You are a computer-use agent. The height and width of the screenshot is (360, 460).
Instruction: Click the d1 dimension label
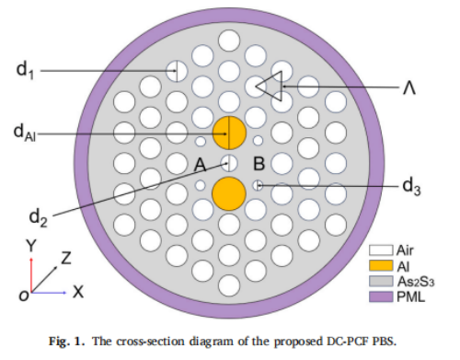coord(25,70)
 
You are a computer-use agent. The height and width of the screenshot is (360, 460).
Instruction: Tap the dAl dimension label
coord(25,133)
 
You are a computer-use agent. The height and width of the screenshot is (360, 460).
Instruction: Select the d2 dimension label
coord(39,218)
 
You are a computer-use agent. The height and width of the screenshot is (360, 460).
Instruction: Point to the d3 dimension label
coord(411,186)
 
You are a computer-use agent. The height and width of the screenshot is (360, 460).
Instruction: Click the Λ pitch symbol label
coord(409,88)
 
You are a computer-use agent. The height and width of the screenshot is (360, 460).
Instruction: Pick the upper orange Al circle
coord(229,133)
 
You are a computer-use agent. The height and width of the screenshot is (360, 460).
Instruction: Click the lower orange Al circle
coord(229,193)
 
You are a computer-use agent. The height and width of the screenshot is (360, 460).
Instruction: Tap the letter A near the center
coord(201,165)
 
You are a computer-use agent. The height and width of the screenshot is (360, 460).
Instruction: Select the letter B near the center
coord(259,164)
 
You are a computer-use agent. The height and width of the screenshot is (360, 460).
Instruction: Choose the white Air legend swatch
coord(381,250)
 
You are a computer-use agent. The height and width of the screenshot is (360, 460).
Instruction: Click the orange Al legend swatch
coord(381,266)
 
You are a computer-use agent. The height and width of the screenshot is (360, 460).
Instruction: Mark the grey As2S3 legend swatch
coord(381,281)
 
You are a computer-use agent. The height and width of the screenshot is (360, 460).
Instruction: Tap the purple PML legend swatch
coord(381,296)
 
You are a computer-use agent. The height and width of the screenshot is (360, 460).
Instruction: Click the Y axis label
coord(31,246)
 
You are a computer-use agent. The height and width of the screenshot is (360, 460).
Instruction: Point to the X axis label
coord(78,292)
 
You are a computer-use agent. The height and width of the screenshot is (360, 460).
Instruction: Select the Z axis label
coord(66,258)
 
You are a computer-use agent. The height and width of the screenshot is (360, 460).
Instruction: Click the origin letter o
coord(24,296)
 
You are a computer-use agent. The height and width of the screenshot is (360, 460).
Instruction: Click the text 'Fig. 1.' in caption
coord(66,342)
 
